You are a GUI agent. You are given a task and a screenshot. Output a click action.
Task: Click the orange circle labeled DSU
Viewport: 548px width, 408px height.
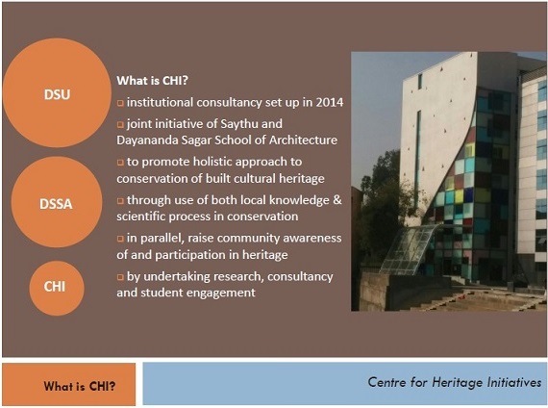pyautogui.click(x=57, y=92)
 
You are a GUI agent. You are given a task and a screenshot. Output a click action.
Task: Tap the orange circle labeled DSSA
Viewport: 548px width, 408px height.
pyautogui.click(x=57, y=202)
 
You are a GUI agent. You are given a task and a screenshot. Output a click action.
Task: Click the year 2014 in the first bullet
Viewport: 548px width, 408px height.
pyautogui.click(x=330, y=102)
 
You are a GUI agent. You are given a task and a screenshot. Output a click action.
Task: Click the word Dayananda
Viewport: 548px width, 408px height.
pyautogui.click(x=142, y=140)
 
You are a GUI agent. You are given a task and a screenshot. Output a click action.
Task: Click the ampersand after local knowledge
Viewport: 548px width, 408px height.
pyautogui.click(x=336, y=200)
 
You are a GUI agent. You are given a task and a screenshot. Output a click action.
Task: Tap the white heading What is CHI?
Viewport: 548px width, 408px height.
pyautogui.click(x=152, y=81)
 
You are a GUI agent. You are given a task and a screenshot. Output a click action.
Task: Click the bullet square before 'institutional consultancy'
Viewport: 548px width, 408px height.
pyautogui.click(x=120, y=103)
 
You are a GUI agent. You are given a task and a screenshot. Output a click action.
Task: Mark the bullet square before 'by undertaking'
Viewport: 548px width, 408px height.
pyautogui.click(x=120, y=277)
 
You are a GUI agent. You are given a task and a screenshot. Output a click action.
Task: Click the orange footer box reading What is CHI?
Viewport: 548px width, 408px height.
pyautogui.click(x=69, y=385)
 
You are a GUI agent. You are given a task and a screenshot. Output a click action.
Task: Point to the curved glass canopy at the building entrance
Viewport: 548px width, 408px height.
pyautogui.click(x=409, y=247)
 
